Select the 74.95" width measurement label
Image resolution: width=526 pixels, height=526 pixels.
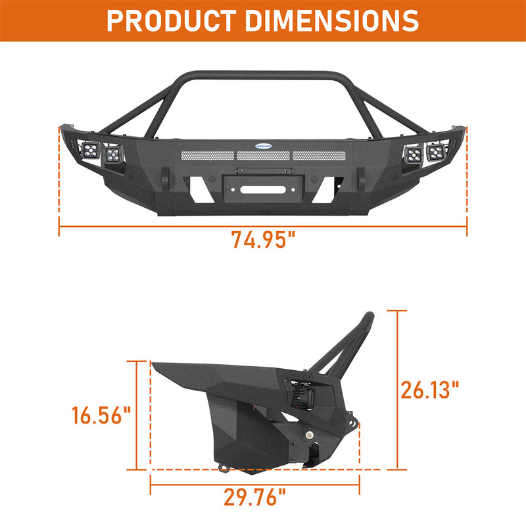pyautogui.click(x=262, y=240)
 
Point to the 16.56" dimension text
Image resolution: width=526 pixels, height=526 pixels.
pyautogui.click(x=102, y=416)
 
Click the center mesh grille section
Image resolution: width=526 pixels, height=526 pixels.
pyautogui.click(x=262, y=156)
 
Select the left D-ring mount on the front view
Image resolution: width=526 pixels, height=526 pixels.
pyautogui.click(x=165, y=179)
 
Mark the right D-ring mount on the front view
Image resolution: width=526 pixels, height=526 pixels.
pyautogui.click(x=360, y=179)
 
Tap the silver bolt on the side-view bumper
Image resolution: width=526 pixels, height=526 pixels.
pyautogui.click(x=309, y=434)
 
